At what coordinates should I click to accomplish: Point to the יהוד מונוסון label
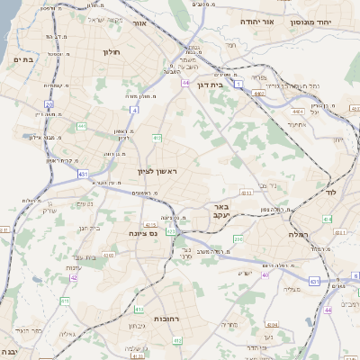coord(327,21)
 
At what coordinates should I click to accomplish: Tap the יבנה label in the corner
coord(10,351)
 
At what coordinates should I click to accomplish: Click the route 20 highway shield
coord(50,104)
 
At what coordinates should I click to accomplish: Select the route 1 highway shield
coord(239,83)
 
